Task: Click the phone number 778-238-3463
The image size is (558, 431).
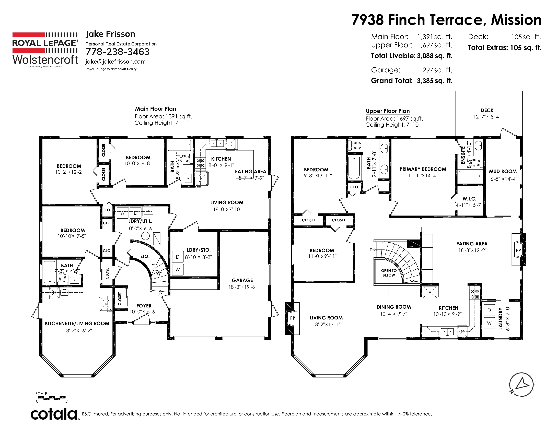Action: [x=118, y=52]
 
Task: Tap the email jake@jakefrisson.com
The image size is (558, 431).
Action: [x=115, y=62]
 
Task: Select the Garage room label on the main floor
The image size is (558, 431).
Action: [x=242, y=280]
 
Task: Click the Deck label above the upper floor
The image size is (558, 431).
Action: [x=487, y=110]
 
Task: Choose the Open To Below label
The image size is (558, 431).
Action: [x=389, y=273]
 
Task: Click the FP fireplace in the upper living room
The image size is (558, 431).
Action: [x=293, y=318]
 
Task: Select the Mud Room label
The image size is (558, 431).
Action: [x=503, y=171]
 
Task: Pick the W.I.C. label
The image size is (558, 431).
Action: [x=469, y=199]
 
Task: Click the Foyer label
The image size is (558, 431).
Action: [x=144, y=306]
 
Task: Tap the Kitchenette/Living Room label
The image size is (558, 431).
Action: [x=77, y=324]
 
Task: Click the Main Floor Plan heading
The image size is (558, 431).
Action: [x=156, y=109]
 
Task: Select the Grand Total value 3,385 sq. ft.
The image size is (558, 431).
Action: [x=435, y=81]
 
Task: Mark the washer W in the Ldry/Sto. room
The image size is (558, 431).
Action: [x=178, y=270]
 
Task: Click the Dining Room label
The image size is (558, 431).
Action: [x=393, y=307]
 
